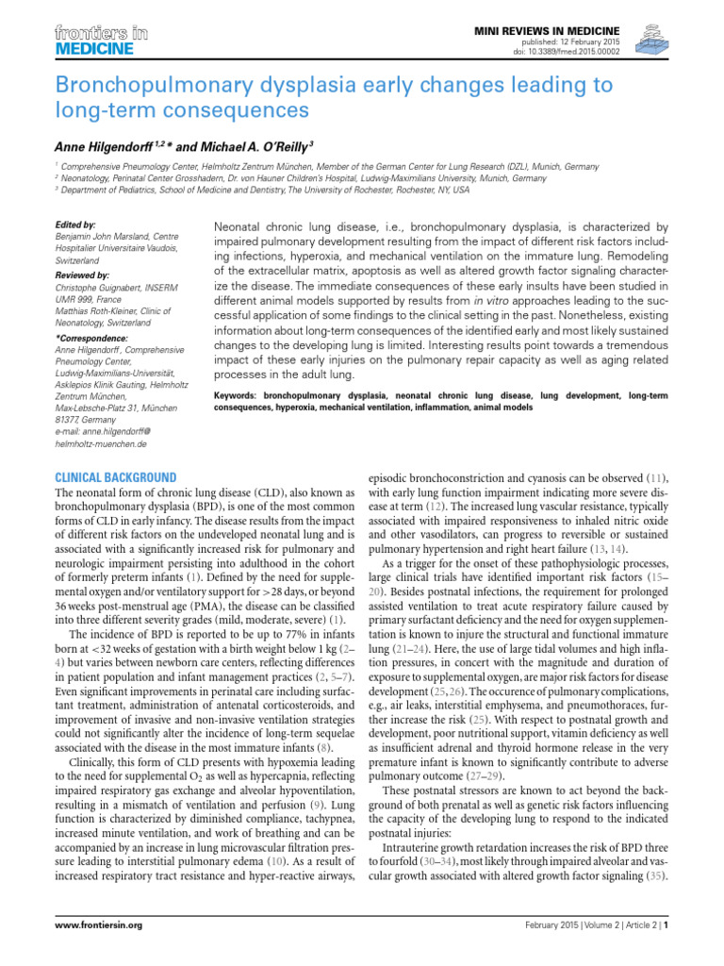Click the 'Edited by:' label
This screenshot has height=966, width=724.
point(76,225)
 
